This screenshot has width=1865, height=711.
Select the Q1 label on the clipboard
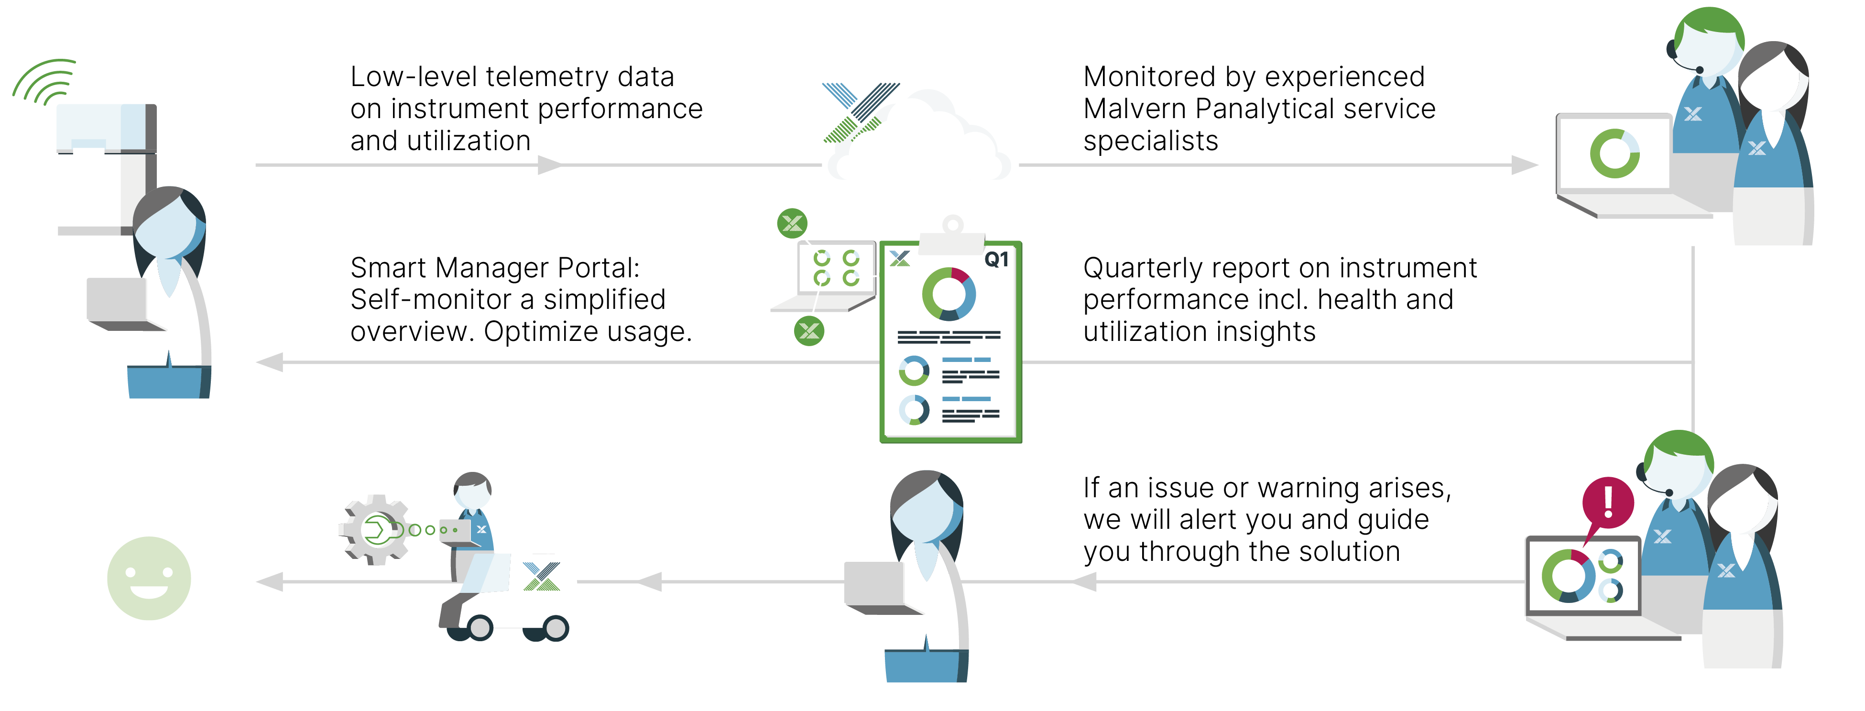[996, 259]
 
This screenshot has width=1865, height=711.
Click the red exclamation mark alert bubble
[1608, 502]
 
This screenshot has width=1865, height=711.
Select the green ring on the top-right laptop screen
[1614, 153]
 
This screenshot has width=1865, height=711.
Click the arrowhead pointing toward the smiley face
[269, 581]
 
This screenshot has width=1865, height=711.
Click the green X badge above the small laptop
[792, 223]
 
